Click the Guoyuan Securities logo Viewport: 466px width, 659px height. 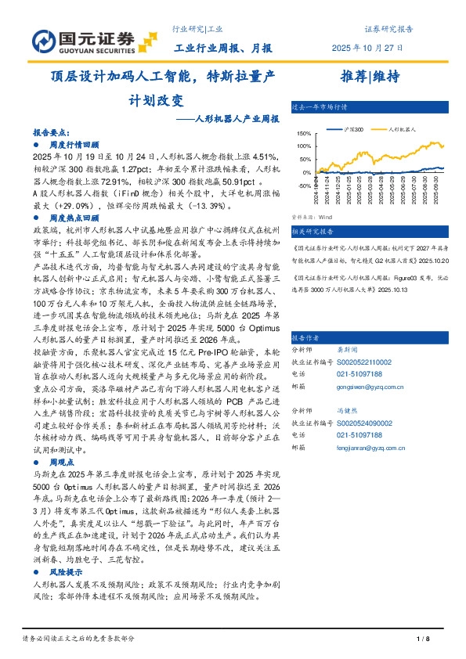tap(83, 40)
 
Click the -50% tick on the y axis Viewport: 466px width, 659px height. tap(305, 182)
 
